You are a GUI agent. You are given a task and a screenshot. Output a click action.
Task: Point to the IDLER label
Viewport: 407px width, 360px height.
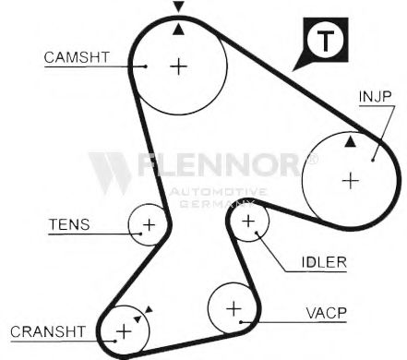click(324, 261)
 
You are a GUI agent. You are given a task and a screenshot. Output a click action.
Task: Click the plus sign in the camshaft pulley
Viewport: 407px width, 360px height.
click(178, 66)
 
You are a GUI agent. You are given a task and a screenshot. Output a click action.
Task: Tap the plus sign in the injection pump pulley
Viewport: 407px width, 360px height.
click(349, 180)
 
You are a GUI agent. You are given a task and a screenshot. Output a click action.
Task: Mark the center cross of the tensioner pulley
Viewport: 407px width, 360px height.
click(148, 223)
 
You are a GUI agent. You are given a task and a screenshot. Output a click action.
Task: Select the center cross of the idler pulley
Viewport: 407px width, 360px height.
click(247, 221)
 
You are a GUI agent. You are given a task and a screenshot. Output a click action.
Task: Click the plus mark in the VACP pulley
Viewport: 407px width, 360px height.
click(233, 306)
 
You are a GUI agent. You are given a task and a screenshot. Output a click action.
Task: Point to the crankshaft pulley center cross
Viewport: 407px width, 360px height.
click(123, 330)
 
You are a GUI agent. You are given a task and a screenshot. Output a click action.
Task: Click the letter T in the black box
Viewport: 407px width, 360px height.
click(322, 41)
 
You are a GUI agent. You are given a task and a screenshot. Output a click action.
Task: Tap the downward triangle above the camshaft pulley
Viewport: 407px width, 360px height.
click(178, 7)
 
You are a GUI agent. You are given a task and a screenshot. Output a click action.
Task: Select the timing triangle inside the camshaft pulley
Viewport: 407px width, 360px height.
click(178, 30)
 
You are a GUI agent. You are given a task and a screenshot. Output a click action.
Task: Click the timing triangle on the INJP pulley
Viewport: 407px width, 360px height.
click(350, 143)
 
